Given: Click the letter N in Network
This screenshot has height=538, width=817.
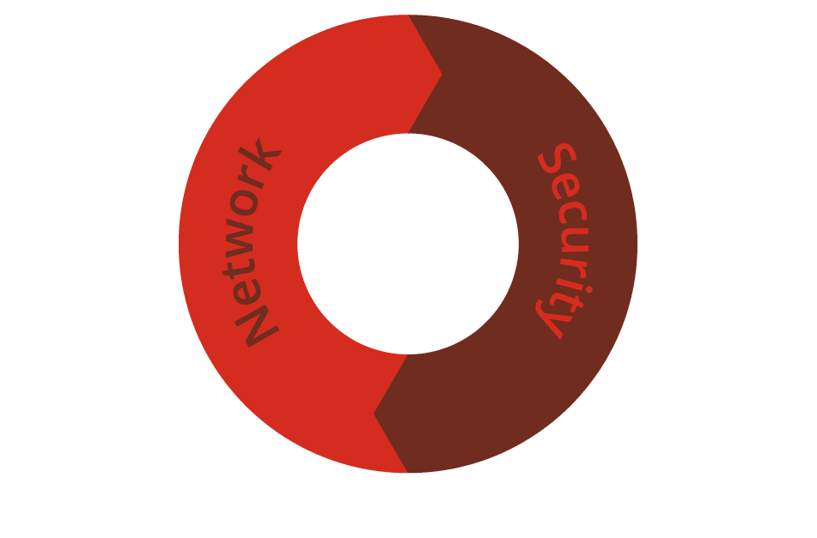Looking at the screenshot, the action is [x=258, y=326].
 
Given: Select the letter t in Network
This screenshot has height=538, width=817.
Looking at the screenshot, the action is [x=238, y=267].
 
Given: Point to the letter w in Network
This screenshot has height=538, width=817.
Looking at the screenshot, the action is [x=239, y=238].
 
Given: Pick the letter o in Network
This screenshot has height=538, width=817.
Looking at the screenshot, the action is [x=245, y=203].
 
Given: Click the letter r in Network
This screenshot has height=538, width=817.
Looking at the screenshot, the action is [x=252, y=177].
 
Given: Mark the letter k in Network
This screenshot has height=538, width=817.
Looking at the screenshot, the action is [x=260, y=154].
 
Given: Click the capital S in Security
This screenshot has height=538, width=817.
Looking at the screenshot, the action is [x=557, y=158].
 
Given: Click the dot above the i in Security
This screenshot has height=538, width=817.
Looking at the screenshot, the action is [x=589, y=289].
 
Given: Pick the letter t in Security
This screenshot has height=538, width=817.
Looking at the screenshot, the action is [x=567, y=303].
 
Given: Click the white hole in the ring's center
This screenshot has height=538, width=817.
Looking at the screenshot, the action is [x=408, y=244].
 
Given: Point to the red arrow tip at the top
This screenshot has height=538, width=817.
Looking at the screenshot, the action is [x=442, y=75].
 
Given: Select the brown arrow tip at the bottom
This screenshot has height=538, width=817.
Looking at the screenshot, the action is [x=374, y=414].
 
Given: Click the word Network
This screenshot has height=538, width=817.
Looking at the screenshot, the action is [x=253, y=243].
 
